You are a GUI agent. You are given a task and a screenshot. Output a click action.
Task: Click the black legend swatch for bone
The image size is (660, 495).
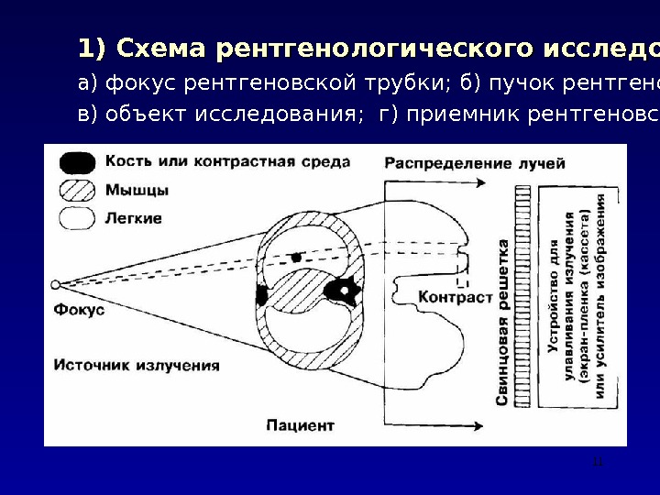click(x=77, y=163)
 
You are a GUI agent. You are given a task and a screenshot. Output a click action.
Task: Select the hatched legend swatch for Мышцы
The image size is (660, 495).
click(x=77, y=192)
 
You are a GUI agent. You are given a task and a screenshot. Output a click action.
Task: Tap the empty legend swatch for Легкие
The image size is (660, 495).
click(x=77, y=218)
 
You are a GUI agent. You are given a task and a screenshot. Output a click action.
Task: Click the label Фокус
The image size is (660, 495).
click(x=80, y=311)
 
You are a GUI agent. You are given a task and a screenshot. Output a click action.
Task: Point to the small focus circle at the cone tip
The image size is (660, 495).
click(x=56, y=284)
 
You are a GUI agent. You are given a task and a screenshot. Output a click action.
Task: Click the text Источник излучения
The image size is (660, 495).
click(x=137, y=365)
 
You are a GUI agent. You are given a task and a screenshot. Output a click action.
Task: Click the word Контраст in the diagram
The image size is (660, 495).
click(x=456, y=297)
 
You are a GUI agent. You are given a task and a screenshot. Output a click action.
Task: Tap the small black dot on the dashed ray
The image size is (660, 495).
click(x=296, y=257)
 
